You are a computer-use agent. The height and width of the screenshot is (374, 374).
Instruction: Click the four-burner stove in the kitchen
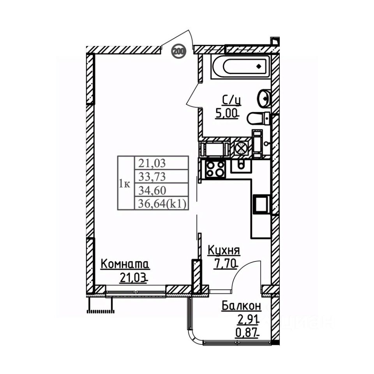tap(215, 169)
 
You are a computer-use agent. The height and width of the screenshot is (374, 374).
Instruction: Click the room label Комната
tap(125, 264)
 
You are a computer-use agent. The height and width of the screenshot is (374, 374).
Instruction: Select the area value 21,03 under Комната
tap(134, 278)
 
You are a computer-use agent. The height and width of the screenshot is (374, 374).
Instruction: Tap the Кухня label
tap(223, 250)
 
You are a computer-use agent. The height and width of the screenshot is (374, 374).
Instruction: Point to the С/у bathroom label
tap(231, 101)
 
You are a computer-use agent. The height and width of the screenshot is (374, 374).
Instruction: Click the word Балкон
tap(241, 306)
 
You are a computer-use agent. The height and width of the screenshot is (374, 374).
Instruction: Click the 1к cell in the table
tap(125, 183)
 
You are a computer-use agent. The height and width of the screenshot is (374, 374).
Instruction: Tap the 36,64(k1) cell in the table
tap(161, 203)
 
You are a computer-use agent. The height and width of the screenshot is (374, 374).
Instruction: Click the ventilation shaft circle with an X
tap(240, 148)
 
